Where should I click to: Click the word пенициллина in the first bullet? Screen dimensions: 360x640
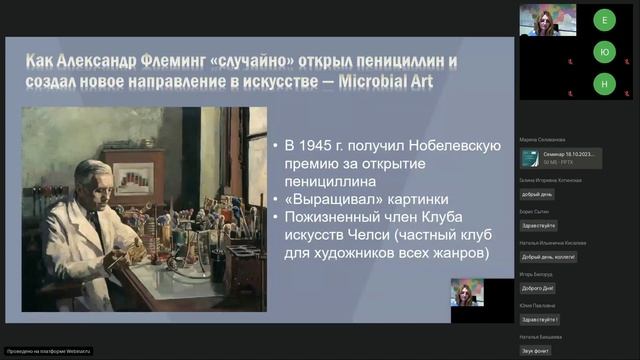329,182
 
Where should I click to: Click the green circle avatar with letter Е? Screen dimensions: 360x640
603,19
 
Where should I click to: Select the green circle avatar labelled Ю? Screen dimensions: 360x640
603,52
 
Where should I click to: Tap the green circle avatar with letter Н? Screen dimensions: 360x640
603,85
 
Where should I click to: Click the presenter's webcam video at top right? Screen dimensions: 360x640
547,19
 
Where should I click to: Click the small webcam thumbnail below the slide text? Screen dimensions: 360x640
467,293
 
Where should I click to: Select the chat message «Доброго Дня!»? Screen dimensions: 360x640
540,287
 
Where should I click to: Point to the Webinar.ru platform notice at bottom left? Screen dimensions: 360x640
48,351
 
